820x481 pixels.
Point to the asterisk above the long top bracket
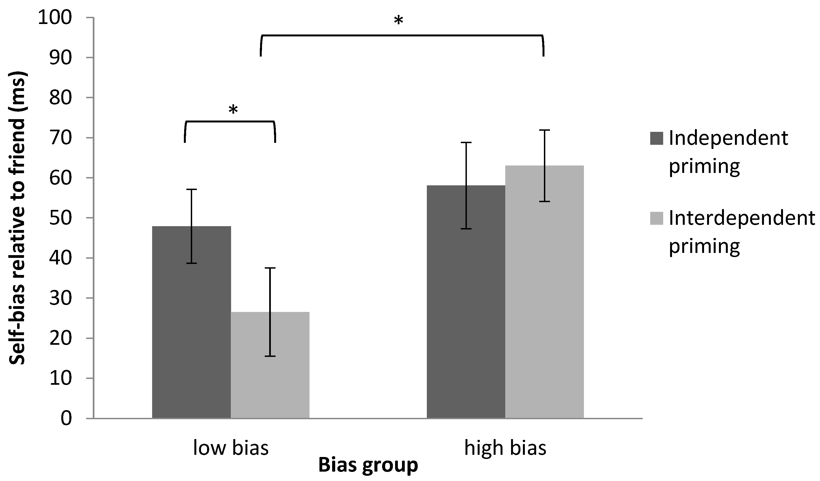click(398, 22)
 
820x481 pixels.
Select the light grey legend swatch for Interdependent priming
click(656, 218)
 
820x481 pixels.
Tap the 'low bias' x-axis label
click(231, 448)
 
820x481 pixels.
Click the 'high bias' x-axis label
click(505, 448)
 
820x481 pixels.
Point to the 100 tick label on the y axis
click(55, 18)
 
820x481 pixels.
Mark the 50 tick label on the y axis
click(60, 218)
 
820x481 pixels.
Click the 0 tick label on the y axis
click(66, 419)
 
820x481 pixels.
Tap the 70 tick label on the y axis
click(60, 138)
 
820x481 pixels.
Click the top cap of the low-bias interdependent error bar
click(270, 268)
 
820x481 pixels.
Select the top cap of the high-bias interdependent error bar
click(544, 130)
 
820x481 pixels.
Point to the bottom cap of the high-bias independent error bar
click(466, 229)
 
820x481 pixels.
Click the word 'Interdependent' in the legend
click(742, 218)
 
